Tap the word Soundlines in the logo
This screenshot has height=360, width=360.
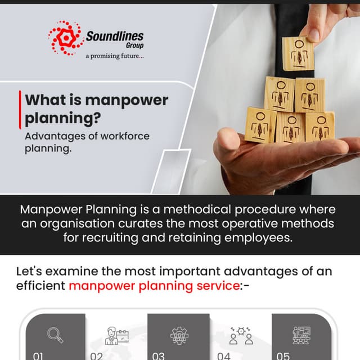click(114, 37)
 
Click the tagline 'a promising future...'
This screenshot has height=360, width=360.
click(114, 56)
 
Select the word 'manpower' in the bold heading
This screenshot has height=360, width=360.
click(127, 101)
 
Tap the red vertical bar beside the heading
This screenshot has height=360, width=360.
click(20, 110)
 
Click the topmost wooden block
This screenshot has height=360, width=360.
click(298, 53)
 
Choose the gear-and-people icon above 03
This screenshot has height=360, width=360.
click(179, 334)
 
